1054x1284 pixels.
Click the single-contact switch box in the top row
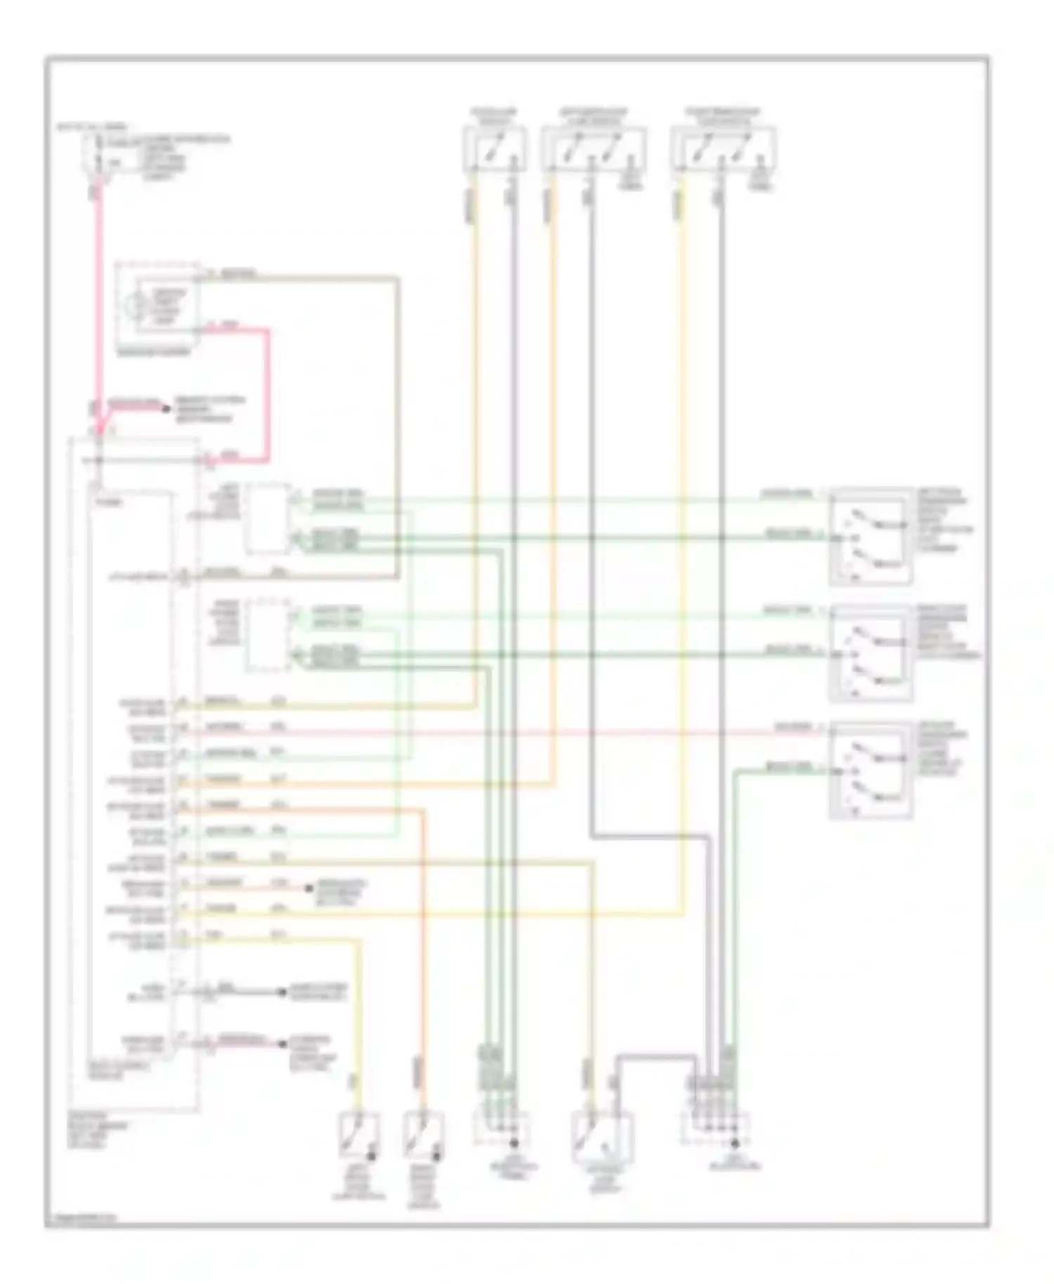tap(495, 150)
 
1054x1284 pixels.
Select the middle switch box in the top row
tap(594, 150)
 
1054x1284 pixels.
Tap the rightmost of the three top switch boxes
tap(723, 150)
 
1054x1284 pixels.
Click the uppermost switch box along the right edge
tap(871, 537)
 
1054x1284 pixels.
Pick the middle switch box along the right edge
tap(871, 654)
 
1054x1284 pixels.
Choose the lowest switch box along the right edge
tap(871, 771)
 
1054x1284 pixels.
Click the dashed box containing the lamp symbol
tap(158, 305)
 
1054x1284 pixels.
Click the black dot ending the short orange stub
tap(308, 889)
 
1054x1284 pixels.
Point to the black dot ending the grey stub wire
tap(282, 992)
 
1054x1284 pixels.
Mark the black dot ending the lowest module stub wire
tap(282, 1044)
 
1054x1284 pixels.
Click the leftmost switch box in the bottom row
tap(358, 1135)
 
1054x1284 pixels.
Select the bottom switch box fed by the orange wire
tap(423, 1135)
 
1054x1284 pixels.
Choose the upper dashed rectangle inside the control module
tap(268, 518)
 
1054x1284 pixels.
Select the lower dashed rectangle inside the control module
tap(268, 635)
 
